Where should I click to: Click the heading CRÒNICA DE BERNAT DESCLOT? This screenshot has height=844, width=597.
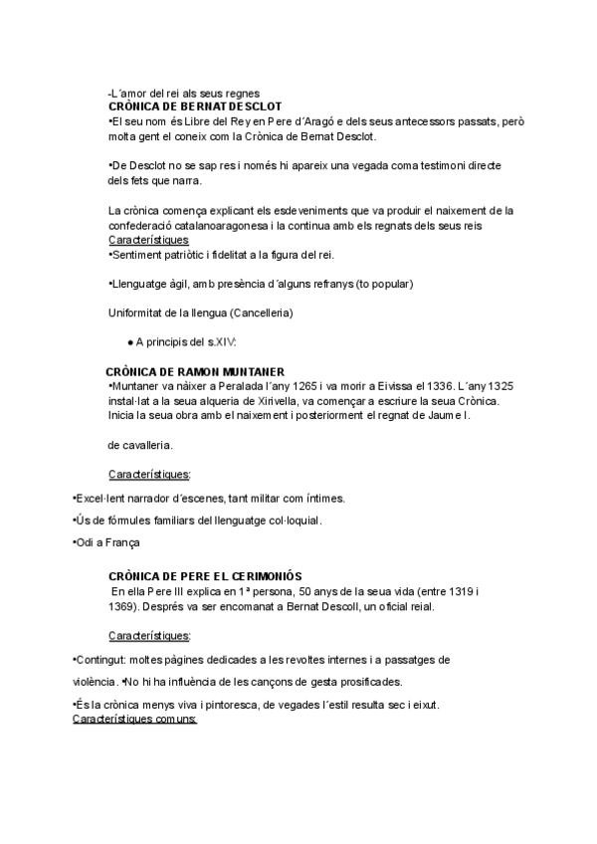(x=195, y=106)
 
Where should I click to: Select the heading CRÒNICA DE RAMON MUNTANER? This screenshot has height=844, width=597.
(x=195, y=371)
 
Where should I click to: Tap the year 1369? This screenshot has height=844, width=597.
(x=122, y=606)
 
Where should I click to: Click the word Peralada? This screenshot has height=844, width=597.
(x=210, y=386)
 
